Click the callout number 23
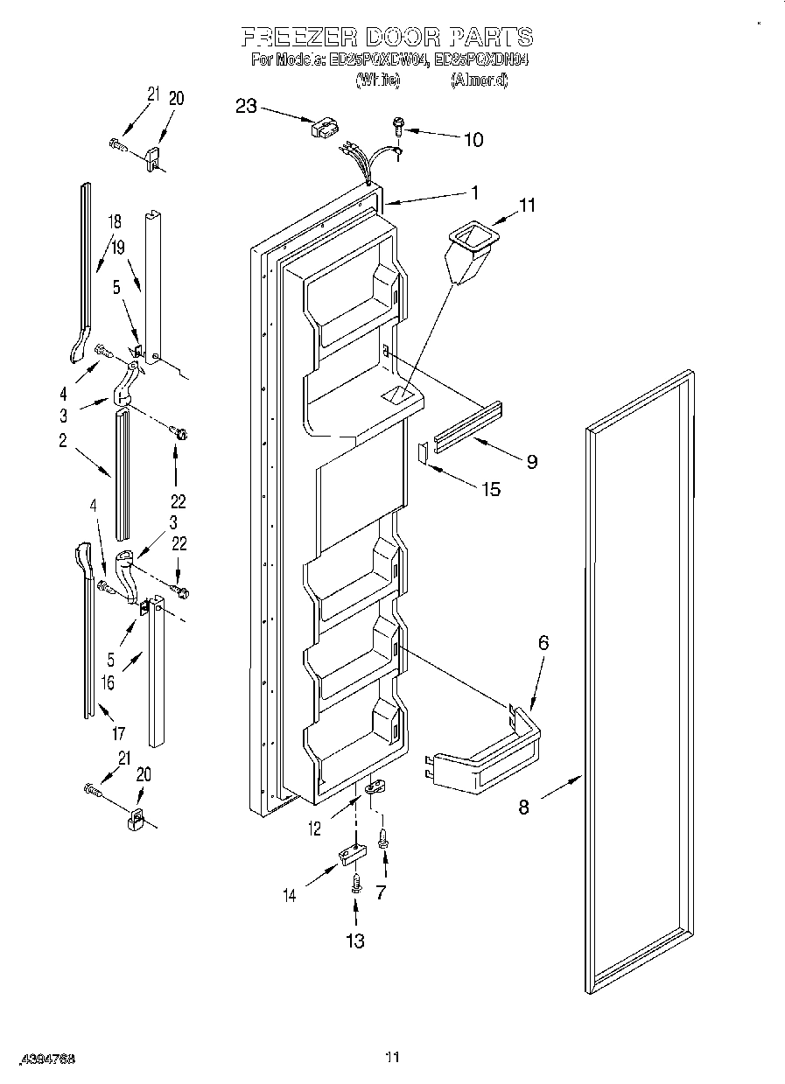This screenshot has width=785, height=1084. point(246,106)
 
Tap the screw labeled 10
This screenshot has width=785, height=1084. point(399,126)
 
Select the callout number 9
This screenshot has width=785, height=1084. point(532,461)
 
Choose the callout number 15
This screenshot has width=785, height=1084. point(491,489)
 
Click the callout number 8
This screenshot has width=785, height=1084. point(523,807)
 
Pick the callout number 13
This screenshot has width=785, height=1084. point(354,941)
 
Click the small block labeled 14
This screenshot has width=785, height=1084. point(350,854)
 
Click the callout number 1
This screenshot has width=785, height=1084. point(474,191)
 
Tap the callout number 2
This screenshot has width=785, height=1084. point(63,441)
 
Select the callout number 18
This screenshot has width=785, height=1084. point(115,221)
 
